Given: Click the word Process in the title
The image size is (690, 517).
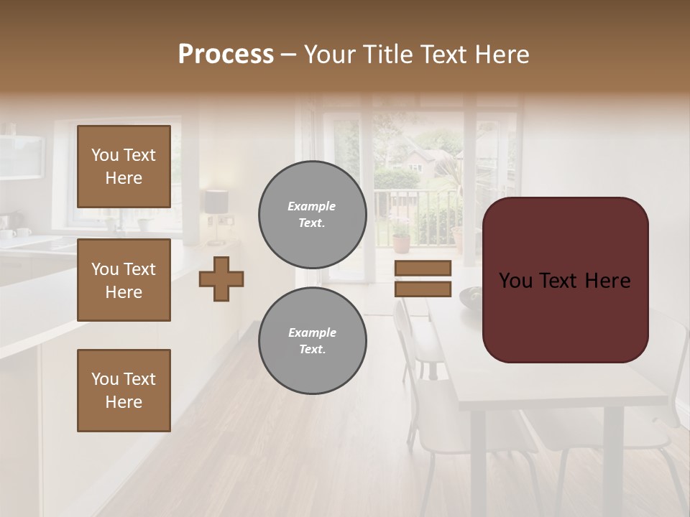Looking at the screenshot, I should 226,55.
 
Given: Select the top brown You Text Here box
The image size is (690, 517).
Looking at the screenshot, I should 124,167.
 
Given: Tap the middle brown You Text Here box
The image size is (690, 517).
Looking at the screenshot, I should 124,280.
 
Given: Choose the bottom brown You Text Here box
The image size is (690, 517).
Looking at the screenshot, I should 124,391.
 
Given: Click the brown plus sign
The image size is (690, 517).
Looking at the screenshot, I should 221,279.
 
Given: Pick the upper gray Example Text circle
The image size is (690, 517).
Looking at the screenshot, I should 312,215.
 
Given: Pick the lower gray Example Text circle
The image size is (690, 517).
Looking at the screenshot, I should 312,341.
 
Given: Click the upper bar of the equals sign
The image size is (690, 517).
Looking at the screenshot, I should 423,268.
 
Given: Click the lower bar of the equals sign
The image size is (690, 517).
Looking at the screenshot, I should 423,289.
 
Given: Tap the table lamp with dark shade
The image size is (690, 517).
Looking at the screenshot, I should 216,205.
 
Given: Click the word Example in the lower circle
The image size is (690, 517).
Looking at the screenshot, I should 312,332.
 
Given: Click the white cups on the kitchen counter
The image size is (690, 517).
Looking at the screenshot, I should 16,233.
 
